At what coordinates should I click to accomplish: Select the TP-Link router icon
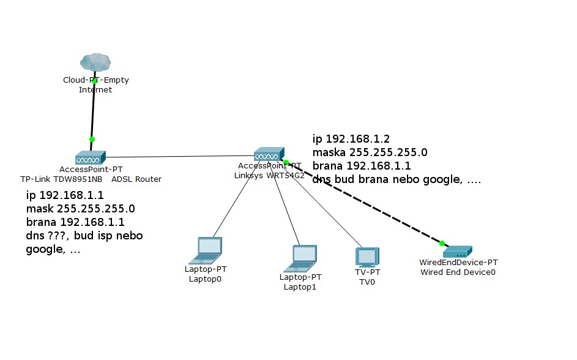click(91, 157)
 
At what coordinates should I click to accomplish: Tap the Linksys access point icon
click(269, 154)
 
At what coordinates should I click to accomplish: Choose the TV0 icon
click(367, 257)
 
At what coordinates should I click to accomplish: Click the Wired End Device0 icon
click(457, 251)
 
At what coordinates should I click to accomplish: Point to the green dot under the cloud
click(95, 80)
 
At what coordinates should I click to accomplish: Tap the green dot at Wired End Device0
click(442, 243)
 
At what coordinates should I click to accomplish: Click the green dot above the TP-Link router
click(92, 139)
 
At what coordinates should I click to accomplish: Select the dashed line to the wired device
click(367, 204)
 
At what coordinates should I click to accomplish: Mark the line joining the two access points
click(181, 156)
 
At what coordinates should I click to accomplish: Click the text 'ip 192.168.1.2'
click(351, 139)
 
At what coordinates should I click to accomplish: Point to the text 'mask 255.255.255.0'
click(80, 209)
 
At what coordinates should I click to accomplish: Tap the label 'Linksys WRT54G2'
click(270, 175)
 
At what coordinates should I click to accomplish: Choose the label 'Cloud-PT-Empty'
click(96, 80)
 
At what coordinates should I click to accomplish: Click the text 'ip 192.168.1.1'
click(65, 195)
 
